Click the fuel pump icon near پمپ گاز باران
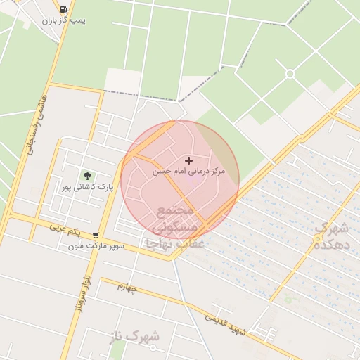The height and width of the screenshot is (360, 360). point(64,9)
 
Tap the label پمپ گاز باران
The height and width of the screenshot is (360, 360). point(63,20)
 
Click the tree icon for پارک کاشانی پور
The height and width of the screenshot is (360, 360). point(87,176)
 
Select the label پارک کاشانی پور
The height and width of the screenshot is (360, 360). point(86,187)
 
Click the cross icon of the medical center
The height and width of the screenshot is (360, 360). point(188,161)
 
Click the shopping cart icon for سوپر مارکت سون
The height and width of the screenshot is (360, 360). point(96,236)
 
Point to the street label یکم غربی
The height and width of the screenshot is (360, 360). point(65,229)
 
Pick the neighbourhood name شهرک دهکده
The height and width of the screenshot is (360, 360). point(330,236)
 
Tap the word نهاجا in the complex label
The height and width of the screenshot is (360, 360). point(159,243)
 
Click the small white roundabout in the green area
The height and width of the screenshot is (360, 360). point(290,74)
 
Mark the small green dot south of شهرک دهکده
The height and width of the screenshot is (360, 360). point(288,300)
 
